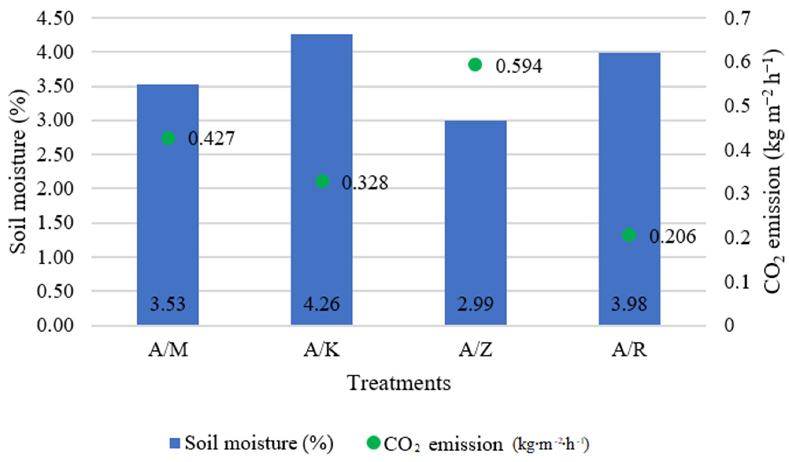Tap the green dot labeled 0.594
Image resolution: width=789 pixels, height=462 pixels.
[475, 65]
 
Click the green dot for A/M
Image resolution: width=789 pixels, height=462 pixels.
[169, 138]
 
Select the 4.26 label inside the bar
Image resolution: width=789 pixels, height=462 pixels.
[322, 304]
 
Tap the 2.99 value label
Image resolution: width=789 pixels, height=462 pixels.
[475, 304]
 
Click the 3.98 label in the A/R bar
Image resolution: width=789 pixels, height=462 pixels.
[629, 304]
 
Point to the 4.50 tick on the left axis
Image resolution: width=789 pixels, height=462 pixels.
[55, 18]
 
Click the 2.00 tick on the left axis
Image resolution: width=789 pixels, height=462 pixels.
[55, 189]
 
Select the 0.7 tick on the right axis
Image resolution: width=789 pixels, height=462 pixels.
[737, 18]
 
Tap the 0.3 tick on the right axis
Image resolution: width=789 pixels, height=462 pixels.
[737, 193]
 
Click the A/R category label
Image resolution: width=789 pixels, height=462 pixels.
[629, 350]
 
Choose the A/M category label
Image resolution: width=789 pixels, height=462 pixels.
[168, 350]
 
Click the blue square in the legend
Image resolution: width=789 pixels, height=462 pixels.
[175, 444]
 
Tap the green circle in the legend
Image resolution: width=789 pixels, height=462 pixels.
[373, 443]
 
